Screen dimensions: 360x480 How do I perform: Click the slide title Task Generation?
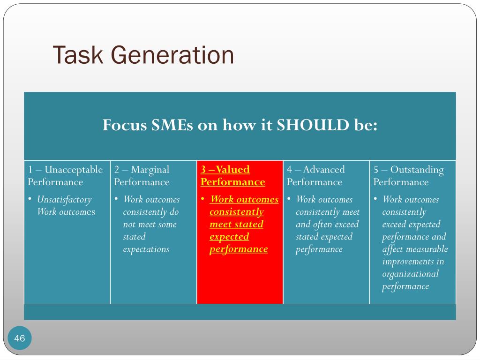coord(143,55)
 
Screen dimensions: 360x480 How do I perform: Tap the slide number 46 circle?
coord(20,338)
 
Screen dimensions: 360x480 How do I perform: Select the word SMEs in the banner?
coord(173,125)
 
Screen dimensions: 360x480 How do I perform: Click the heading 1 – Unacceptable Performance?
coord(65,176)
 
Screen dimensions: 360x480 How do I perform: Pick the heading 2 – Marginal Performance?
coord(142,176)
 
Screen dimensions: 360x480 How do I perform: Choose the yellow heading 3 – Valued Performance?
coord(232,176)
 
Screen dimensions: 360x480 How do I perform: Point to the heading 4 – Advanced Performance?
coord(315,176)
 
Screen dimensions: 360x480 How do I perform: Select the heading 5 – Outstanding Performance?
coord(408,176)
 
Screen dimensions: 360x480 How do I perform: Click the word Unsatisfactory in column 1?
coord(64,200)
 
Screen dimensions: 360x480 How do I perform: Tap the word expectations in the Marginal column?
coord(146,249)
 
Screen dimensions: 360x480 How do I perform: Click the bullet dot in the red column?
coord(202,199)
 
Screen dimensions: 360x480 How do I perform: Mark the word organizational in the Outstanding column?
coord(410,274)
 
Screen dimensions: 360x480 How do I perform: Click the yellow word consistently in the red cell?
coord(236,212)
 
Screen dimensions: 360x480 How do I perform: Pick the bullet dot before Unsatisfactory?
coord(30,199)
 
